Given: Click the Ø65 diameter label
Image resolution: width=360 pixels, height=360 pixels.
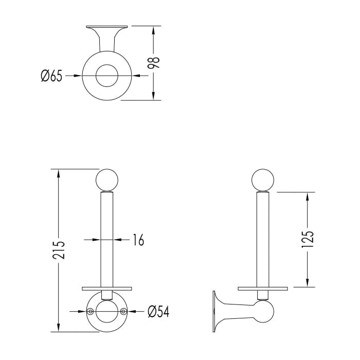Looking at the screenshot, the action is point(51,76).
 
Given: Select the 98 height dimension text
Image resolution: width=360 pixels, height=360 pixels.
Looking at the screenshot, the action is point(153,63).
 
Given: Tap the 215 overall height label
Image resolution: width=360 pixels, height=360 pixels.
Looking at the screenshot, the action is point(59,250).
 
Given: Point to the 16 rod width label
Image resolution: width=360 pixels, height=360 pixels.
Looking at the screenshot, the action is point(139,240).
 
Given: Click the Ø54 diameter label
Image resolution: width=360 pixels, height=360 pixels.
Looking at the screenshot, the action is point(158,312).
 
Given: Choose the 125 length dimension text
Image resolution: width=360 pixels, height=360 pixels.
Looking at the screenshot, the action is point(308,239).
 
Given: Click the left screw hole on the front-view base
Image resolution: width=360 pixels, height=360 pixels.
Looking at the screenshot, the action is point(91,311).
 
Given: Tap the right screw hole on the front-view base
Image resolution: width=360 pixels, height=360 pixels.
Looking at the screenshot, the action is point(123,311).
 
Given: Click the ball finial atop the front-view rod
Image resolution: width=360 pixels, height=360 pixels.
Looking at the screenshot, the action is point(107,181).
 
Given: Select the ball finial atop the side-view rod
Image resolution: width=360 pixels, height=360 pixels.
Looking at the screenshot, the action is point(263,181).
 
